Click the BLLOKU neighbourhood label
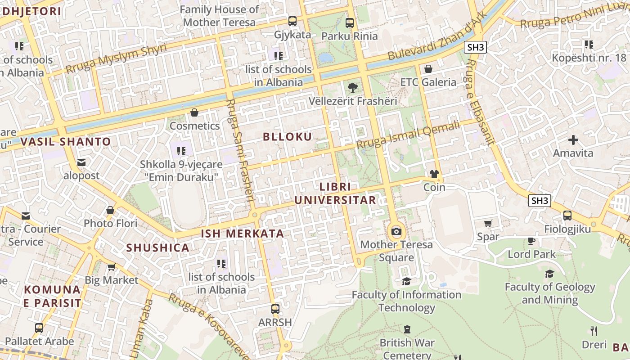pos(287,137)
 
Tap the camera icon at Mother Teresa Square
pos(396,232)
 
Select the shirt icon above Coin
pos(434,174)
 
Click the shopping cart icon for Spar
pos(488,223)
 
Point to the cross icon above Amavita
pos(573,140)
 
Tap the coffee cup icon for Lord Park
pos(531,241)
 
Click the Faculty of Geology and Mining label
pos(549,293)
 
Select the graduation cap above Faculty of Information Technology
pos(406,281)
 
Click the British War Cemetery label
pos(407,349)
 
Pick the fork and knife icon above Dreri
pos(594,331)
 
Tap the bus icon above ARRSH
pos(275,309)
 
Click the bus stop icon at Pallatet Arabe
pos(39,328)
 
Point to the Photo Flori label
pos(110,223)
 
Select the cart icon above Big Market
pos(111,267)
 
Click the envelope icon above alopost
pos(81,162)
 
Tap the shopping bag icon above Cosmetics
pos(194,112)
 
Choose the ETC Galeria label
pos(428,82)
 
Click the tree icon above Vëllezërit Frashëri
pos(352,88)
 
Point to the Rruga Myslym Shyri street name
pos(116,59)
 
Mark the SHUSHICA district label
pos(157,247)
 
